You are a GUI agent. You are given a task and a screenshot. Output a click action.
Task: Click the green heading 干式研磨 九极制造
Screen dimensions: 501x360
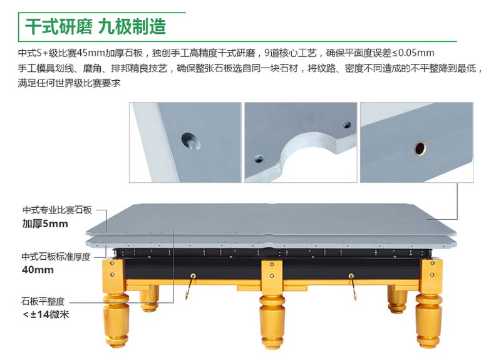pos(96,26)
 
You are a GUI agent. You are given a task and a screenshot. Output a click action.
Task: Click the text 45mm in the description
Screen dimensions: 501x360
pos(91,53)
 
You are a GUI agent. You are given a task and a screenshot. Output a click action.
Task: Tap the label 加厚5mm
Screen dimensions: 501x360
pos(45,224)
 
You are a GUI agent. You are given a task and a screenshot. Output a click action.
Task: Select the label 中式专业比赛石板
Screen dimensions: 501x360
pos(57,210)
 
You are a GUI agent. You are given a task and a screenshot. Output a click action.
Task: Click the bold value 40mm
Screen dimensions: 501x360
pos(38,270)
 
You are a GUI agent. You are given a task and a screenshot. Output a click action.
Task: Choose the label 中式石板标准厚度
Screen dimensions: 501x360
pos(56,257)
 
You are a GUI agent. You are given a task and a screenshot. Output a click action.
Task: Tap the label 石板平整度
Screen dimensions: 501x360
pos(43,301)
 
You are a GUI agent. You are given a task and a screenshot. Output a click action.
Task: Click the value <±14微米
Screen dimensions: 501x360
pos(46,315)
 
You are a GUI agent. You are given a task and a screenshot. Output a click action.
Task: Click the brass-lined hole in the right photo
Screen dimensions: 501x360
pos(420,148)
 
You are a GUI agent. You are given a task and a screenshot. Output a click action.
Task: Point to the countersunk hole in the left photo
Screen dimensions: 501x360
pos(191,141)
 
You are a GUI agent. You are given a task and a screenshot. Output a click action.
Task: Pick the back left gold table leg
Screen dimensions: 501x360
pos(149,298)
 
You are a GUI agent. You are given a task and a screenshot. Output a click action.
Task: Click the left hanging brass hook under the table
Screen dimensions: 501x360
pos(190,285)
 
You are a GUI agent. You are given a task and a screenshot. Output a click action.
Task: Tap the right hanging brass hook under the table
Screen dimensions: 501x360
pos(353,286)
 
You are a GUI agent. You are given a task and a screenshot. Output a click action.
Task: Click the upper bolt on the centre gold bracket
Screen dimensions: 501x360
pos(272,264)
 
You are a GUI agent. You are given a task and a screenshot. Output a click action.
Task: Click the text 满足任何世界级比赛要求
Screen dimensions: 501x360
pos(69,83)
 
